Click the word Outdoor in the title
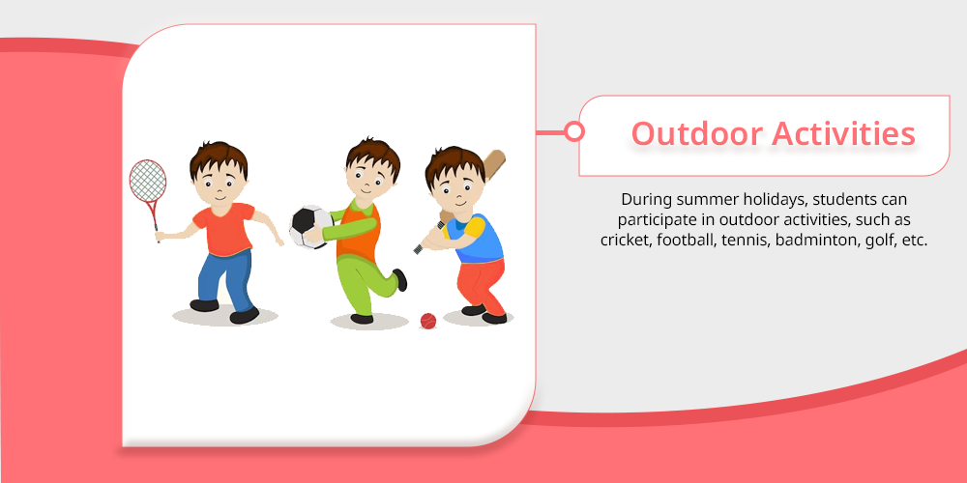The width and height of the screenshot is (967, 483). pyautogui.click(x=697, y=133)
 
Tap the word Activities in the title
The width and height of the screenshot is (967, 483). pyautogui.click(x=843, y=133)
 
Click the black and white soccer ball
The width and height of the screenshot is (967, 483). pyautogui.click(x=311, y=227)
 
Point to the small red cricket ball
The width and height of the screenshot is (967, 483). pyautogui.click(x=428, y=321)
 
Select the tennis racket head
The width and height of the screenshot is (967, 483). pyautogui.click(x=147, y=181)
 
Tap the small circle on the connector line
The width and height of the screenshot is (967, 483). pyautogui.click(x=574, y=131)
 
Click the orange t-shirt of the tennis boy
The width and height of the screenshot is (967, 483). pyautogui.click(x=224, y=229)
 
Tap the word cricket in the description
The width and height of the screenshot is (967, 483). pyautogui.click(x=625, y=241)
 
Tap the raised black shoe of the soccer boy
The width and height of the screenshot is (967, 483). pyautogui.click(x=399, y=279)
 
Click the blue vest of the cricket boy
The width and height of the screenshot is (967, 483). pyautogui.click(x=482, y=239)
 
